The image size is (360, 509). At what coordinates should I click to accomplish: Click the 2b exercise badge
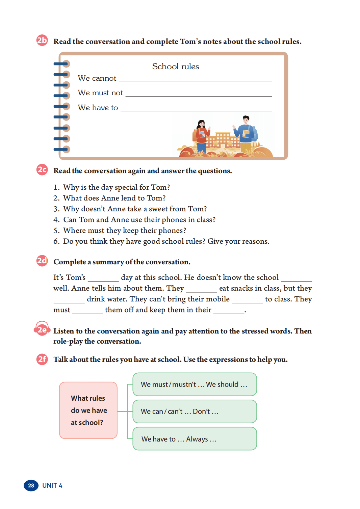coord(42,41)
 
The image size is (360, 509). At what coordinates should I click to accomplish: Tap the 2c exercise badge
coord(42,169)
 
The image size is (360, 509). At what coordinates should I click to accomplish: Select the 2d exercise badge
coord(42,261)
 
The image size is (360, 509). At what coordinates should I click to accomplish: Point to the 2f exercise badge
coord(42,359)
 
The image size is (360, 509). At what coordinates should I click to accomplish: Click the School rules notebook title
coord(175,66)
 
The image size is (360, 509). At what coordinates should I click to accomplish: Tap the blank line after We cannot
coord(195,80)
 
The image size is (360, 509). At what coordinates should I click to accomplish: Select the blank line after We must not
coord(199,94)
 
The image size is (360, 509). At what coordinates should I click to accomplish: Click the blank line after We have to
coord(196,109)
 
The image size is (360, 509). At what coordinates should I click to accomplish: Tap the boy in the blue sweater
coord(246,133)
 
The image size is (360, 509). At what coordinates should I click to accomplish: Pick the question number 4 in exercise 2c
coord(56,220)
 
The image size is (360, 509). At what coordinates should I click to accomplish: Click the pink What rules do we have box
coord(88,410)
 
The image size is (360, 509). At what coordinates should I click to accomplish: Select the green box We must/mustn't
coord(195,384)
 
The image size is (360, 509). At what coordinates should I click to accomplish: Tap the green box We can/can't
coord(195,411)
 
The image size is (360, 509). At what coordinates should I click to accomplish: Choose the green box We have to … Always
coord(195,439)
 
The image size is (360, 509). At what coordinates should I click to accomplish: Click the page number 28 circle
coord(31,485)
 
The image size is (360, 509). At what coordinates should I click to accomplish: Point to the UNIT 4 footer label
coord(52,485)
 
